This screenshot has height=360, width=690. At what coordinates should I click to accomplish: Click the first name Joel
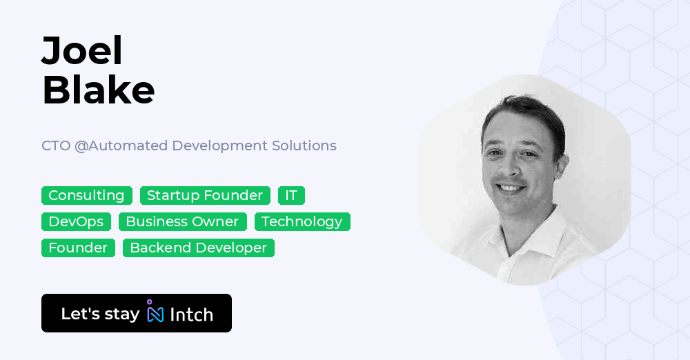click(82, 50)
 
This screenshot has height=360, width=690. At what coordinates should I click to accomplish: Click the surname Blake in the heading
click(98, 90)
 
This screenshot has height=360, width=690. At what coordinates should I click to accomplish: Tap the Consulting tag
click(86, 196)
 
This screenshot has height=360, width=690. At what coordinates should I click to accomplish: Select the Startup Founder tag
click(205, 196)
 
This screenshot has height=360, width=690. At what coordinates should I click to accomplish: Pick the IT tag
click(291, 196)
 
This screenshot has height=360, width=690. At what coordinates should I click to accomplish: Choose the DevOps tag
click(76, 222)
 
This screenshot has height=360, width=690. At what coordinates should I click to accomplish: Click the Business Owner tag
click(182, 222)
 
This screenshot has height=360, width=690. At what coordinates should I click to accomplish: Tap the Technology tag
click(302, 222)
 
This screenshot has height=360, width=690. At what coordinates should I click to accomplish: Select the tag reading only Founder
click(78, 248)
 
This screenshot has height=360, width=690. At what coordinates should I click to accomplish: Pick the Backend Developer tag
click(198, 248)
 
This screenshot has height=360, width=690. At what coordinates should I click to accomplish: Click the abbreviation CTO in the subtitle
click(56, 146)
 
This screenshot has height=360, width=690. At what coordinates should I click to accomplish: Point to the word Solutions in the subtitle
click(304, 146)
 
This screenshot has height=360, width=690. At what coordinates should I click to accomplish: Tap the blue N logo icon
click(155, 312)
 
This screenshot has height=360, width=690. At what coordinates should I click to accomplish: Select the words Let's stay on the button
click(100, 314)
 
